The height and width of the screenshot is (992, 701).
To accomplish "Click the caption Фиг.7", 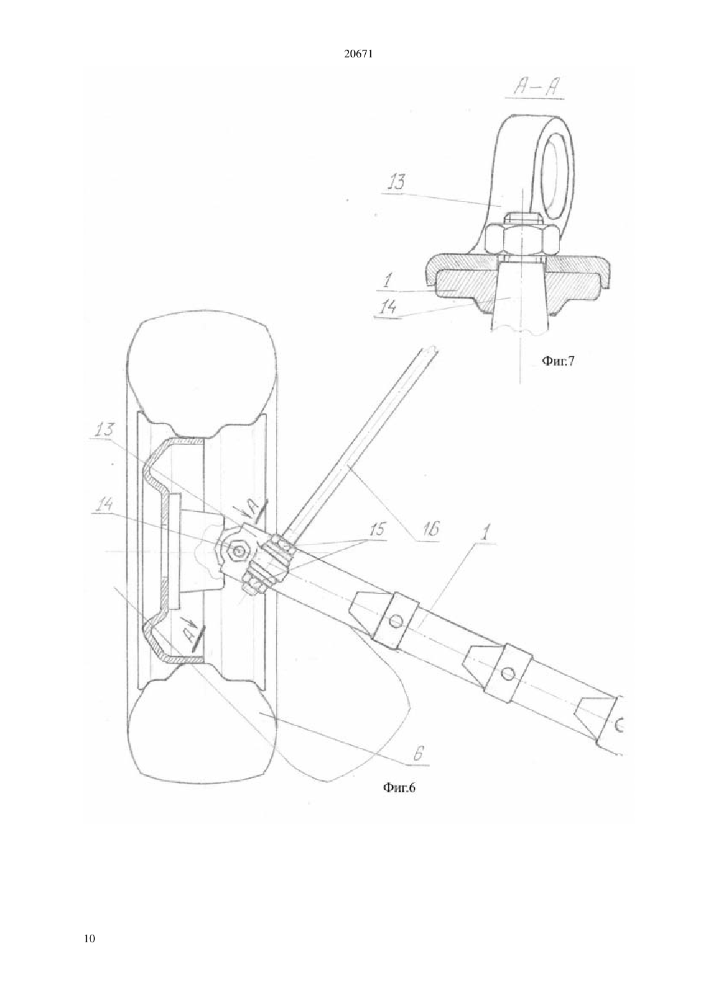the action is click(558, 361).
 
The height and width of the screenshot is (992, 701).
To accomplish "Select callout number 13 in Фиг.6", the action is click(105, 429).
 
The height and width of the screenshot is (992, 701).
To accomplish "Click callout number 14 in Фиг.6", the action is click(102, 506).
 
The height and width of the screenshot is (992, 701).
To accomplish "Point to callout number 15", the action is click(376, 530).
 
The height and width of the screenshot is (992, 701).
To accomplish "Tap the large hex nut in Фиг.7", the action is click(521, 240).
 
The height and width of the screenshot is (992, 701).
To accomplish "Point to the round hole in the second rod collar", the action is click(507, 674).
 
